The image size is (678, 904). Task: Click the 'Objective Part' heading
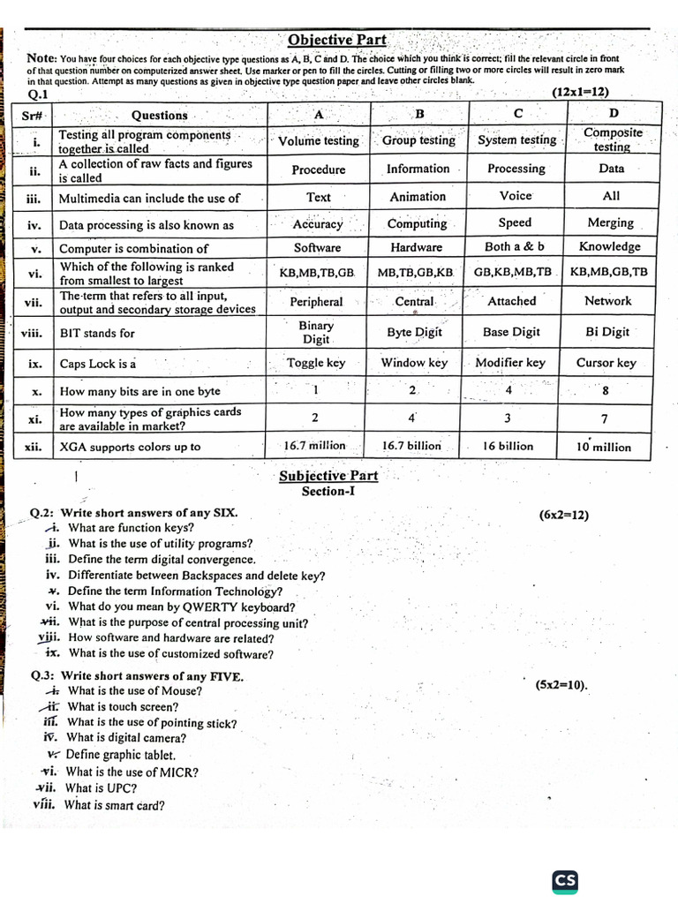[337, 40]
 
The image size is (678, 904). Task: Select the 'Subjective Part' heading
[328, 476]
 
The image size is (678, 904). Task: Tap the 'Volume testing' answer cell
[319, 140]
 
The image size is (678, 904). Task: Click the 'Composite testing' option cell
[613, 139]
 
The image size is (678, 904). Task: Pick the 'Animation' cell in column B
[418, 197]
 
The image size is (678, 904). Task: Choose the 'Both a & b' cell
[515, 246]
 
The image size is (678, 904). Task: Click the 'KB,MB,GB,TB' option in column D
[608, 272]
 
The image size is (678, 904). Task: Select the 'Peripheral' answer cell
[316, 301]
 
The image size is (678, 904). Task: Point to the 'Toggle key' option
[316, 363]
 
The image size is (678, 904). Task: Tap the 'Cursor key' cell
[606, 363]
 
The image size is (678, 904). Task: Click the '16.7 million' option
[315, 446]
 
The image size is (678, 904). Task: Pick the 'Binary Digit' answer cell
[316, 332]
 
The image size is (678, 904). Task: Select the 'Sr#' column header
[35, 115]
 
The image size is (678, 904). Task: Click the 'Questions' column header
[159, 115]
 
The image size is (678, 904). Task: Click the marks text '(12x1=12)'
[581, 92]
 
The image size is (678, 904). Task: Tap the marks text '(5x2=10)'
[561, 684]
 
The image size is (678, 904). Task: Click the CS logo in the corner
[565, 880]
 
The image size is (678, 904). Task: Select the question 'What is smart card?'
[115, 804]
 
